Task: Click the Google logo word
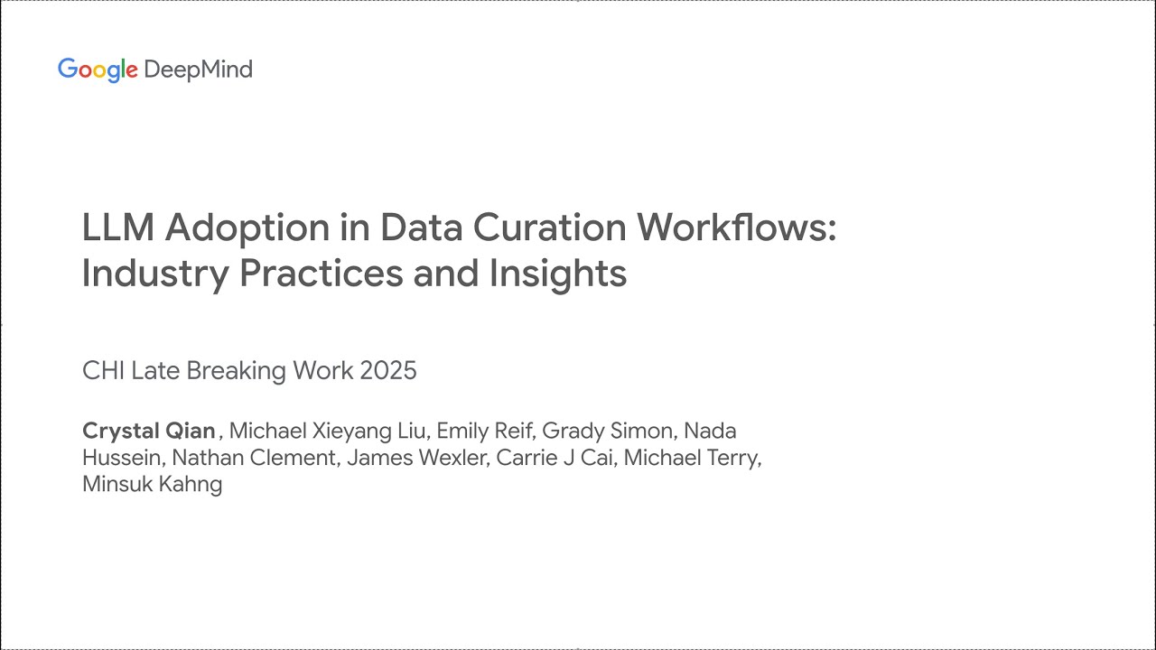[x=97, y=70]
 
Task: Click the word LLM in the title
[x=117, y=227]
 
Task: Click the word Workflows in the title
[x=735, y=227]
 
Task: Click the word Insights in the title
[x=558, y=274]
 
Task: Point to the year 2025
[x=388, y=371]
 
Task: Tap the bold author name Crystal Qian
[x=149, y=431]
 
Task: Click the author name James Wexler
[x=418, y=458]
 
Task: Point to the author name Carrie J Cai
[x=555, y=458]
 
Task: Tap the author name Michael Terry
[x=691, y=458]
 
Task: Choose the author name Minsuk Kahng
[x=152, y=484]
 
